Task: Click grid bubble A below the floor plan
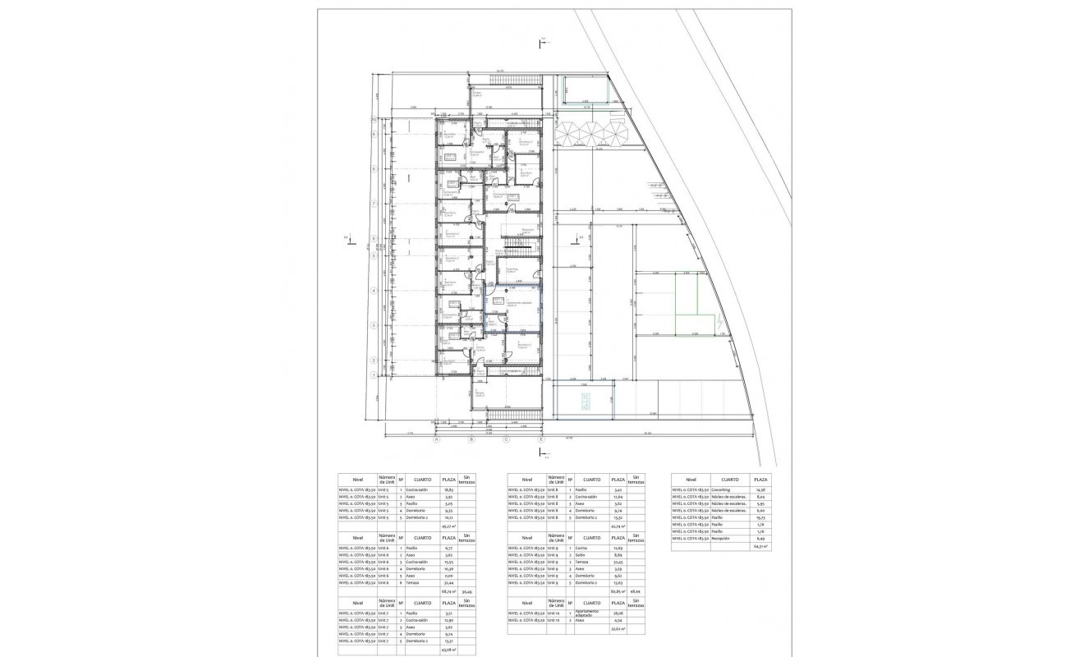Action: tap(437, 439)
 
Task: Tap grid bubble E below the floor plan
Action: tap(540, 439)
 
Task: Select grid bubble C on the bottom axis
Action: tap(506, 439)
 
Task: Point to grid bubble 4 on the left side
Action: tap(374, 291)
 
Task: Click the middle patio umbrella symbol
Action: tap(591, 132)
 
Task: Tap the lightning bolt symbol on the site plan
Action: tap(720, 324)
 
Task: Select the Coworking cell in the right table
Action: tap(723, 489)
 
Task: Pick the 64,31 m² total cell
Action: tap(761, 546)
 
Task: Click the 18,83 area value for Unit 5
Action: tap(449, 489)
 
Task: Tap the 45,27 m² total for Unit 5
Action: tap(449, 526)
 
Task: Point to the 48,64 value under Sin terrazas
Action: tap(635, 590)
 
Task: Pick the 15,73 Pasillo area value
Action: tap(761, 518)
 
